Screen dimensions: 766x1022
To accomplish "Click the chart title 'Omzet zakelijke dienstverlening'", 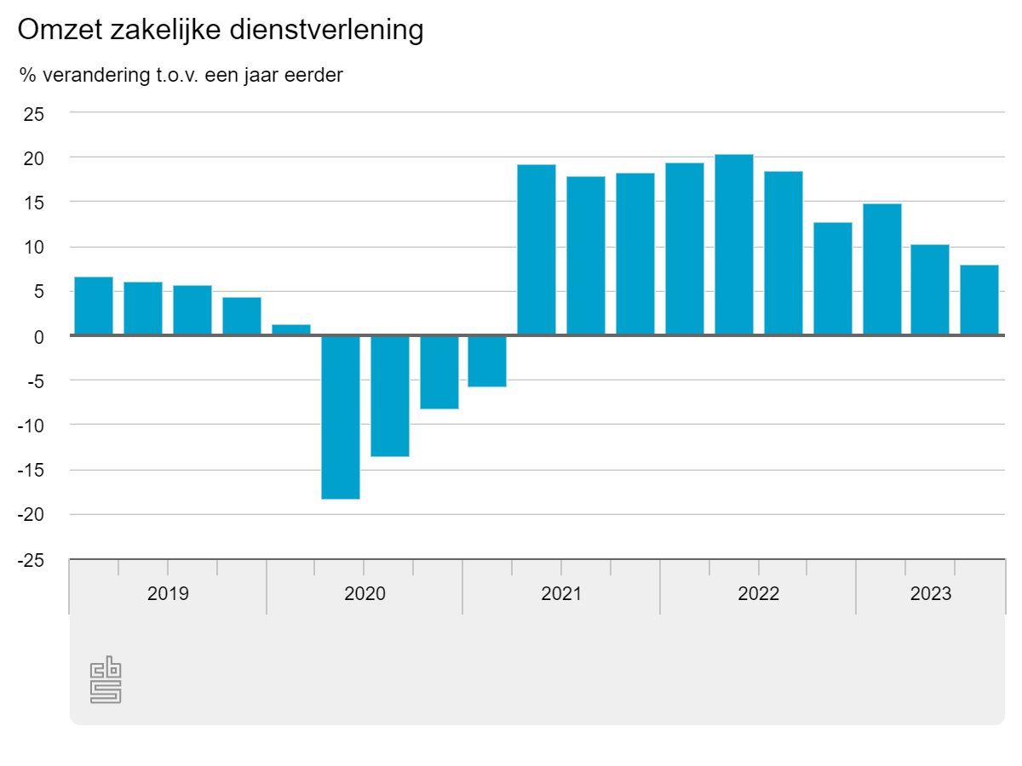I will pos(221,31).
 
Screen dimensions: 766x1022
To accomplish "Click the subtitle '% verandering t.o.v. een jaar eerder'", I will pos(181,76).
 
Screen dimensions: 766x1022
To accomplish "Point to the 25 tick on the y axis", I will pos(34,113).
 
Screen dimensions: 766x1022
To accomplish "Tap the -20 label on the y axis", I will pos(31,515).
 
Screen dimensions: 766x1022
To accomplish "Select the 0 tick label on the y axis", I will pos(39,336).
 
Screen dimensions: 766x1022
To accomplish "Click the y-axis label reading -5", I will pos(34,380).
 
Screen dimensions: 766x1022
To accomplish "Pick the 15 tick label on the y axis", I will pos(34,203).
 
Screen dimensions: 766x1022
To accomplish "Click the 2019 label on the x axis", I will pos(168,593).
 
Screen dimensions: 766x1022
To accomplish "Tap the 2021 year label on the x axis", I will pos(561,593).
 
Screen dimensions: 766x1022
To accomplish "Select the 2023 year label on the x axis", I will pos(930,593).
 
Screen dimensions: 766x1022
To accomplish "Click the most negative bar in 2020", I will pos(341,417).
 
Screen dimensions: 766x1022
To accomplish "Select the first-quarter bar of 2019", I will pos(94,306).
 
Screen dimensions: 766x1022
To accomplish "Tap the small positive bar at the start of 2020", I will pos(291,330).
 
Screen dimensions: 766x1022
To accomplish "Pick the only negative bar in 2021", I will pos(487,362).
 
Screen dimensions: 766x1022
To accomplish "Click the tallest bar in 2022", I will pos(734,245).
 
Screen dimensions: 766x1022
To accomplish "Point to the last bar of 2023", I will pos(979,300).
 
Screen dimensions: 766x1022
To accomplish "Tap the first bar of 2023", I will pos(882,270).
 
